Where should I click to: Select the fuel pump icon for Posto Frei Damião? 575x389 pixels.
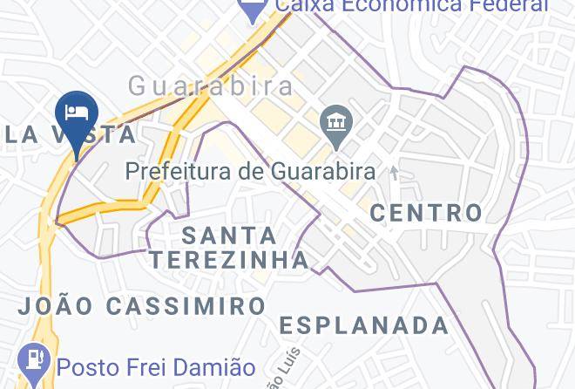[34, 360]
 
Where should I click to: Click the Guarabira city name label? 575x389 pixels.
[211, 85]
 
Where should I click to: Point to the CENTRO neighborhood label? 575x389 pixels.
[426, 212]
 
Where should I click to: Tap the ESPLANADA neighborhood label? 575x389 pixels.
[364, 326]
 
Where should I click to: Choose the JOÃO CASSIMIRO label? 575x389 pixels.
[142, 306]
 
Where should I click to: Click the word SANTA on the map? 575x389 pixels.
[230, 235]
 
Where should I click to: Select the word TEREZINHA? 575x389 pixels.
[228, 259]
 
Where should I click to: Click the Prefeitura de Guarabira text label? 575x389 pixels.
[251, 171]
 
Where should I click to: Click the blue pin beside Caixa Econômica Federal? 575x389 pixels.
[254, 9]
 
